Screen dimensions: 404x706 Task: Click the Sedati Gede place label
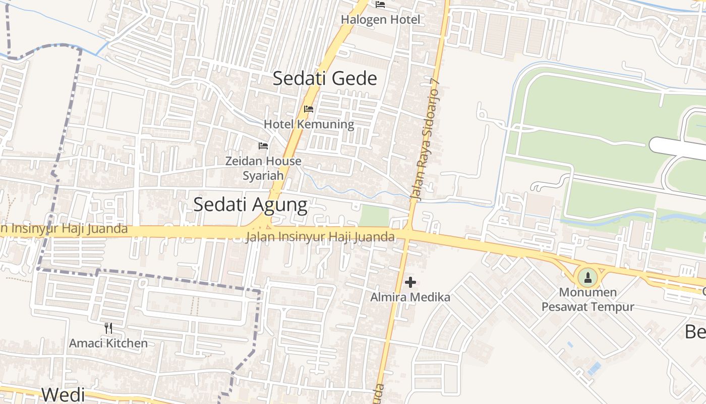pyautogui.click(x=325, y=78)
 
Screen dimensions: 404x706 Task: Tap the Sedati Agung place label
pyautogui.click(x=250, y=204)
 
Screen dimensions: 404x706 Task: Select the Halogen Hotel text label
pyautogui.click(x=380, y=20)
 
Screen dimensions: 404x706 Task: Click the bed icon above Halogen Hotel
pyautogui.click(x=380, y=5)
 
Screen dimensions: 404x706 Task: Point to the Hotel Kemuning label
pyautogui.click(x=309, y=124)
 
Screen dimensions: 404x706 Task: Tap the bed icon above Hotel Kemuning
pyautogui.click(x=309, y=109)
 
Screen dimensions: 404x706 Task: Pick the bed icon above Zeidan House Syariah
pyautogui.click(x=263, y=146)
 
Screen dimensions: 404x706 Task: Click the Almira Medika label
pyautogui.click(x=410, y=297)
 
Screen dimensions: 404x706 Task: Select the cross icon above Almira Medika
pyautogui.click(x=410, y=282)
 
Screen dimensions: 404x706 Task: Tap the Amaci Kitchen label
pyautogui.click(x=108, y=343)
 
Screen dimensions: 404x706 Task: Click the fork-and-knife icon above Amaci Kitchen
pyautogui.click(x=108, y=328)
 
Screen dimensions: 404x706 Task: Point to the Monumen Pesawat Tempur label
pyautogui.click(x=587, y=299)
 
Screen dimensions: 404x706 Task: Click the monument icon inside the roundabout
pyautogui.click(x=587, y=277)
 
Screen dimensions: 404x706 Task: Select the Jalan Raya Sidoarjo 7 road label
pyautogui.click(x=426, y=141)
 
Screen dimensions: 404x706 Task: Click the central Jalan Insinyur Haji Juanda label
pyautogui.click(x=320, y=236)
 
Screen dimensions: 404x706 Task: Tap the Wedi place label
pyautogui.click(x=63, y=394)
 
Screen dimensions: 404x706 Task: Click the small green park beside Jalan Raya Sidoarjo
pyautogui.click(x=374, y=216)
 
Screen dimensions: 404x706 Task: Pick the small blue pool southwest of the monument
pyautogui.click(x=594, y=368)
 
